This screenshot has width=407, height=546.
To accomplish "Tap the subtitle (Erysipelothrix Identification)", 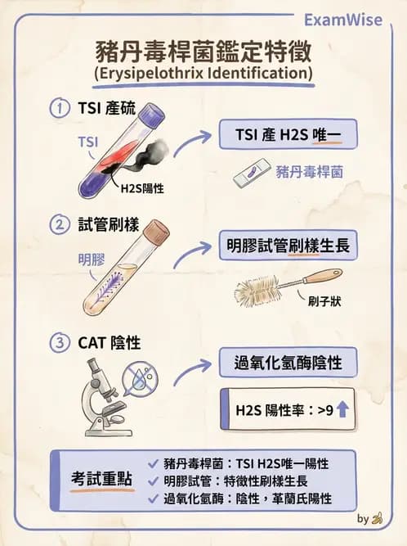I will point(203,75).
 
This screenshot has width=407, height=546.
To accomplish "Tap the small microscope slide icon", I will point(251,174).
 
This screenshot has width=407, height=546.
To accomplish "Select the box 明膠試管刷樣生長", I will point(287,244).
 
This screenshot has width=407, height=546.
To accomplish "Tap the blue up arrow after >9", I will point(342,409).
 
